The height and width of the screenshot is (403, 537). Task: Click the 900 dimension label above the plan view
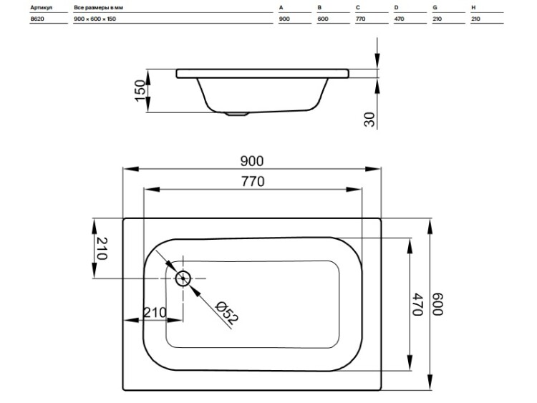(252, 161)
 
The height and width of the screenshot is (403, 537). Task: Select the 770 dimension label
(253, 181)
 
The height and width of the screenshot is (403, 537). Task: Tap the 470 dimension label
(418, 304)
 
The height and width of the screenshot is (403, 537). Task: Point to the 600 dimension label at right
(437, 304)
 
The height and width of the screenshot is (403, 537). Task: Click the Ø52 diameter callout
(226, 313)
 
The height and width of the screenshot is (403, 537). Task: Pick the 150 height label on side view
(140, 90)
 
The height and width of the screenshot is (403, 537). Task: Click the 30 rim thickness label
(369, 120)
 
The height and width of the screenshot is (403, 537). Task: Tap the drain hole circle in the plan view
(183, 278)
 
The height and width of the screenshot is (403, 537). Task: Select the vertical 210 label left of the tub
(102, 248)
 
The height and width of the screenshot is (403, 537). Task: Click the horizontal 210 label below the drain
(155, 312)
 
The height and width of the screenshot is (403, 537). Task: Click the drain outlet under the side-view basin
(237, 114)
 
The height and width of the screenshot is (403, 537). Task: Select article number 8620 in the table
(37, 19)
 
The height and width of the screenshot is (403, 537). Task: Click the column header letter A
(281, 7)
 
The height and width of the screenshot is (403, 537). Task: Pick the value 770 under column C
(361, 19)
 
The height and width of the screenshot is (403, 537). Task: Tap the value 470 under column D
(399, 19)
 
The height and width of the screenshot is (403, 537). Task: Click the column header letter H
(473, 7)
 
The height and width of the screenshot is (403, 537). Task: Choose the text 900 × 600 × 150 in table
(95, 19)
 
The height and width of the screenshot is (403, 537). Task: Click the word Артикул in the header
(41, 7)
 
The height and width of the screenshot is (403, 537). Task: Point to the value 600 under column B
(323, 19)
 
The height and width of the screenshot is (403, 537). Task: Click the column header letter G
(435, 7)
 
